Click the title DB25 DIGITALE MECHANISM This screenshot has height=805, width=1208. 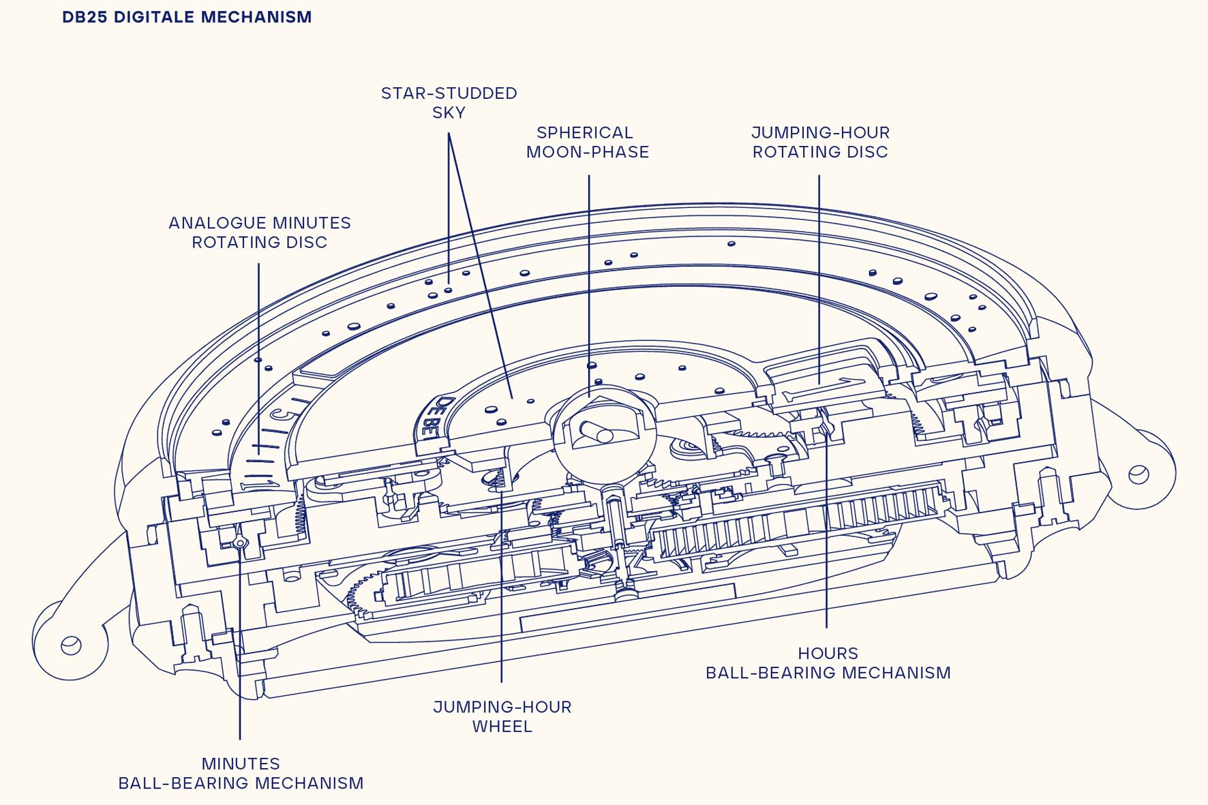coord(187,17)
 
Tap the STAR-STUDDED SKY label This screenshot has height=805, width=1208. coord(449,103)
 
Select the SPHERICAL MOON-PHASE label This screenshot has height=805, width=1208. coord(587,142)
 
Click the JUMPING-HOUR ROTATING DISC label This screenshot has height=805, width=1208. coord(820,142)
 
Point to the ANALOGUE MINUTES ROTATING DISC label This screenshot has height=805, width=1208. coord(260,232)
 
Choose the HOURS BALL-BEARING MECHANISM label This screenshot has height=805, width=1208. coord(828,663)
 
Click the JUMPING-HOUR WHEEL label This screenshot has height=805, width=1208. coord(502,716)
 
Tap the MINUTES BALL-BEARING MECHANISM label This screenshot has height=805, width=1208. coord(241,774)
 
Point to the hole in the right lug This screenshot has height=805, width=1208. coord(1138,474)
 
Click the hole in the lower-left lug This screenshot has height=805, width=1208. coord(71,645)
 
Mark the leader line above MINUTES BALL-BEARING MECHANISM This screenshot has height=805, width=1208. coord(240,641)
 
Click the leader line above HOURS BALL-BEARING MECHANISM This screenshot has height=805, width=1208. coord(826,526)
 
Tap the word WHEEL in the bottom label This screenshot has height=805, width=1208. coord(502,727)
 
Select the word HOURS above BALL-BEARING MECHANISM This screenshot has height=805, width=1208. coord(828,654)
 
